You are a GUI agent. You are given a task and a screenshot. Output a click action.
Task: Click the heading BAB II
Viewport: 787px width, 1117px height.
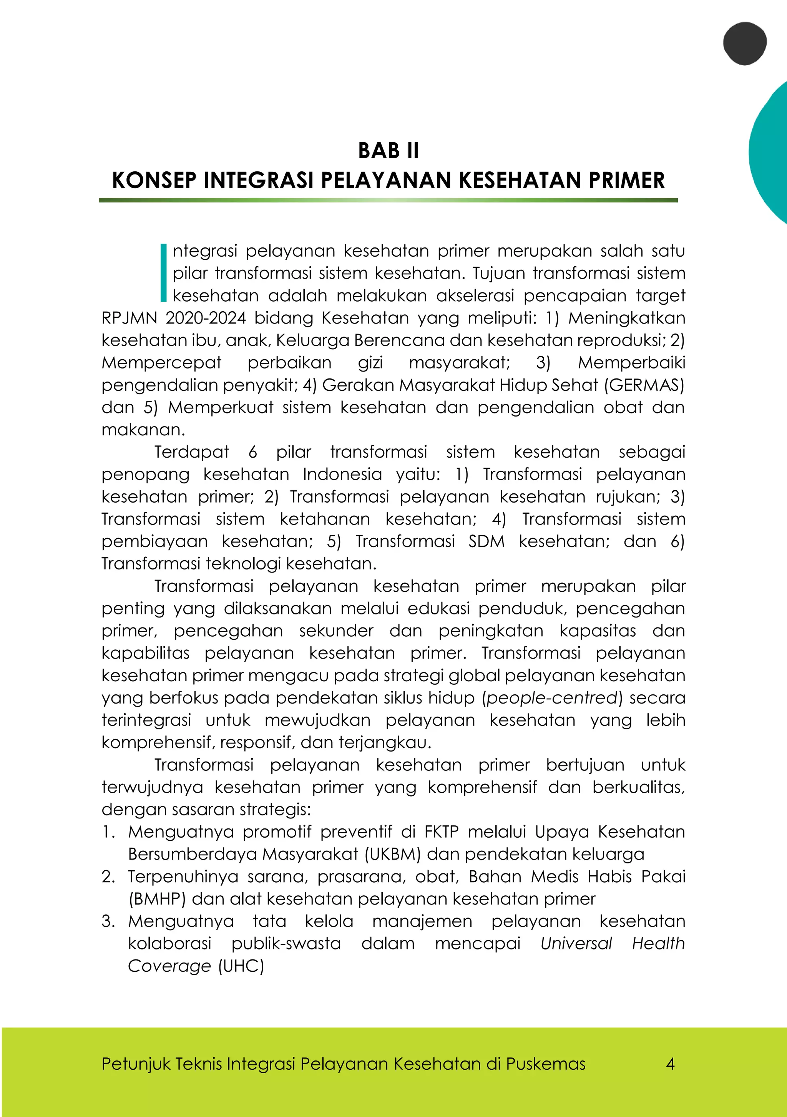388,151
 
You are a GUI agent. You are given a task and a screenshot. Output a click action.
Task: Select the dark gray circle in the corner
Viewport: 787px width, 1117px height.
744,43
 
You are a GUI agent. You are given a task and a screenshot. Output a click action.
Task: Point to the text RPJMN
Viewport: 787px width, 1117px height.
128,318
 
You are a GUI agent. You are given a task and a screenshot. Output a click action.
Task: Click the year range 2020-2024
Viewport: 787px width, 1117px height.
205,318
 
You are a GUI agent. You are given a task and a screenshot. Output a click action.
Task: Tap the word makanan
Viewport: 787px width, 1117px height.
143,430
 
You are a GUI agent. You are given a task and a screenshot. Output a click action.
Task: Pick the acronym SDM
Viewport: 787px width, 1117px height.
486,541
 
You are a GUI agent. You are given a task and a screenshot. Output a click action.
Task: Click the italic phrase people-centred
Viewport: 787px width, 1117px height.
551,698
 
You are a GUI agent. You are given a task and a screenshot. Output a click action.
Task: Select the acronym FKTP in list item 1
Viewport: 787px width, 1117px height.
441,832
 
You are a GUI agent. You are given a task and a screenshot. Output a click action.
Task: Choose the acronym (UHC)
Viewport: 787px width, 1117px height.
241,966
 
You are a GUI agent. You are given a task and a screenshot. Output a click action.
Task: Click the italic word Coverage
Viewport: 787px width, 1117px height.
169,966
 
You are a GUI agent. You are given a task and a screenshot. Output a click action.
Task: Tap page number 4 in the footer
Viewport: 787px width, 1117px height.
670,1064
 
